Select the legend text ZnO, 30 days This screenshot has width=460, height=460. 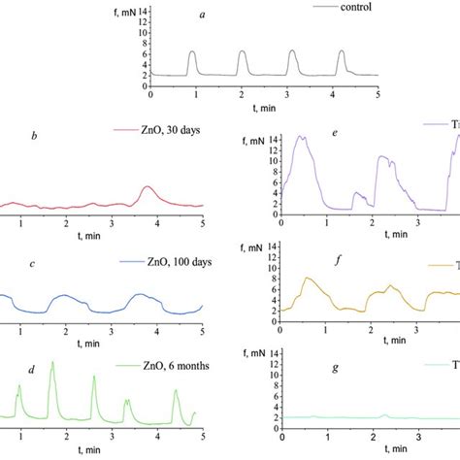(157, 129)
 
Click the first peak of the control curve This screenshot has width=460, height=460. (192, 52)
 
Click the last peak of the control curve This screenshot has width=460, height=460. (342, 52)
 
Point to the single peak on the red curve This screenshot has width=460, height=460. (147, 186)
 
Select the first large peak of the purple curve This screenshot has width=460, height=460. (303, 137)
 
